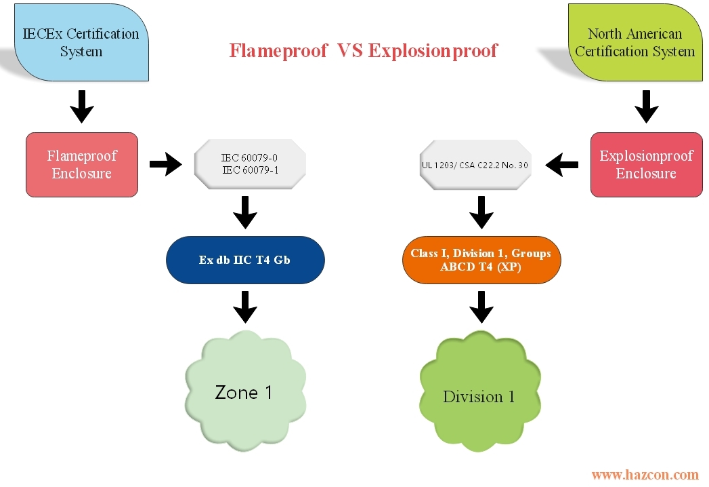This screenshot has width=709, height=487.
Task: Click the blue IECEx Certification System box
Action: (x=81, y=42)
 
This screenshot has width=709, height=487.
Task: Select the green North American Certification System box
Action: (x=635, y=42)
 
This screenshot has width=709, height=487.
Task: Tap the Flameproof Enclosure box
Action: (x=82, y=165)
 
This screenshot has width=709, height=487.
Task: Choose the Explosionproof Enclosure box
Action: (x=646, y=165)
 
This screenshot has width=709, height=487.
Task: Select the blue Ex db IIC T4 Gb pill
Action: (x=244, y=260)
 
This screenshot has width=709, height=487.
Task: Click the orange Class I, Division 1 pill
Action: (x=481, y=260)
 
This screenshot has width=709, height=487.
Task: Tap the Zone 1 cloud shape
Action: (x=244, y=391)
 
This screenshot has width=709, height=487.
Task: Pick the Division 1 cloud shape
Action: (x=479, y=395)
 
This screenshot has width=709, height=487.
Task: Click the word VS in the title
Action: (x=350, y=51)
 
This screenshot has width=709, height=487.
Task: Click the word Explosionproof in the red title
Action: (x=433, y=51)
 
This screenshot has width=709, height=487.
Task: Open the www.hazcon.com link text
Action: (x=645, y=475)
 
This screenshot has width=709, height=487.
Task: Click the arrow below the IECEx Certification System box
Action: (x=82, y=106)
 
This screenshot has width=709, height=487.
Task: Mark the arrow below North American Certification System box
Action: (x=646, y=106)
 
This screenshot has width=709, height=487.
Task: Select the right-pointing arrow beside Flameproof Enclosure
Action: (x=166, y=164)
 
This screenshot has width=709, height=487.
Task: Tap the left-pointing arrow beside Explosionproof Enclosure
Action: (x=562, y=164)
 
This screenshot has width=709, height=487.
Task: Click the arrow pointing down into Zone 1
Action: (x=245, y=307)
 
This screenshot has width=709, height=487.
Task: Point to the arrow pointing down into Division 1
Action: (x=481, y=307)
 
